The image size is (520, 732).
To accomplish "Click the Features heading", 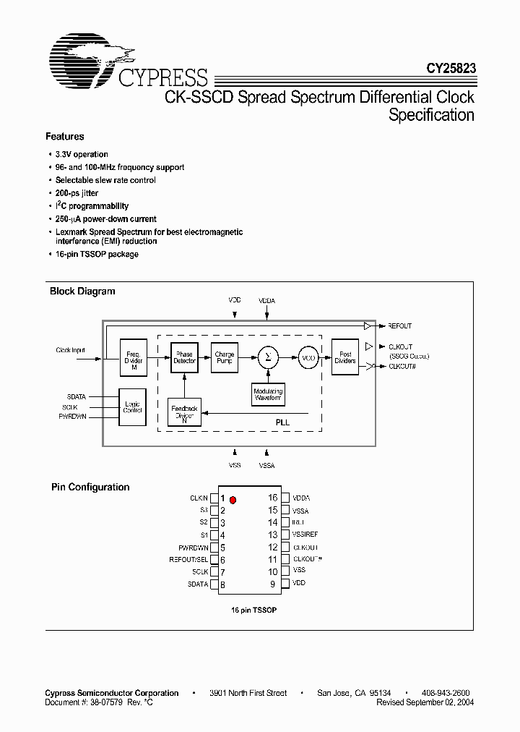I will coord(65,136).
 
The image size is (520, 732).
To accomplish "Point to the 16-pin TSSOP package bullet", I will coord(96,254).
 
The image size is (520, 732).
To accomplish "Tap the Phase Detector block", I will coord(184,358).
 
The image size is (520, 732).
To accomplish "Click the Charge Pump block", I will coord(225,358).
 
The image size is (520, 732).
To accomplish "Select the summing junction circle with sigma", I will coord(268,357).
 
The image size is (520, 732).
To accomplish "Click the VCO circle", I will coord(308,357).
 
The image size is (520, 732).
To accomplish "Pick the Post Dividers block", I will coord(345,357).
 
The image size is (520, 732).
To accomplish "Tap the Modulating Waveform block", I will coord(268,394).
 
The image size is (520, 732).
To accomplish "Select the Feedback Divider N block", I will coord(184,413).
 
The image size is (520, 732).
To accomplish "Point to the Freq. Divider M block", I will coord(134,358).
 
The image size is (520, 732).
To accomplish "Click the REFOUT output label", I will coord(399,326).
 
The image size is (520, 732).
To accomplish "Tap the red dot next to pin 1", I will coord(234,499).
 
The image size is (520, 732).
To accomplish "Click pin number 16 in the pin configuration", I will coord(272,498).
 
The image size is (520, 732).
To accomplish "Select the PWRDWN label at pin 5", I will coord(193,548).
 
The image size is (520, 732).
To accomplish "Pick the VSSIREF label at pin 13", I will coord(306,535).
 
